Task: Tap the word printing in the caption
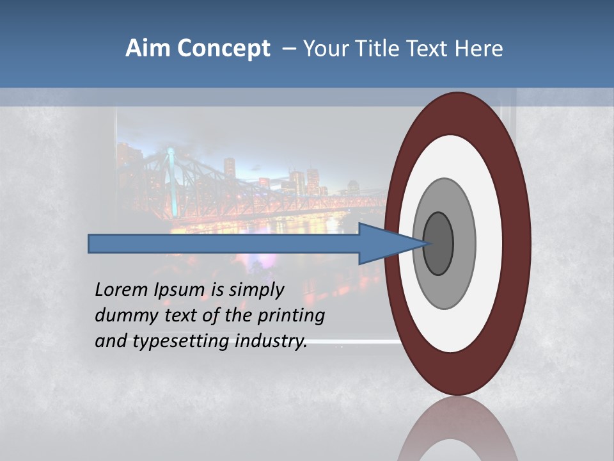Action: point(291,316)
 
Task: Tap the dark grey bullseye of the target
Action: point(439,243)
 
